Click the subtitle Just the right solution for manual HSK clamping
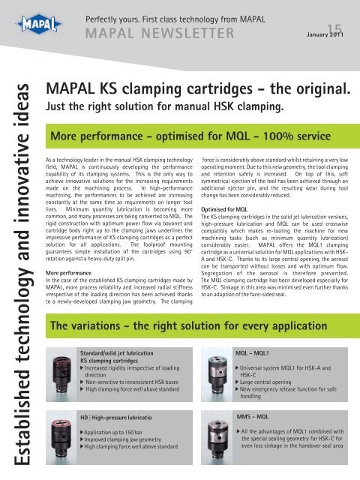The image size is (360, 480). point(164,107)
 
